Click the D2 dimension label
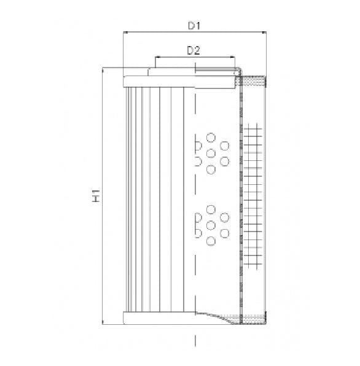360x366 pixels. [x=194, y=51]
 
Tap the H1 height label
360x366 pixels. [x=96, y=197]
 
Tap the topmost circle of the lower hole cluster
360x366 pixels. [x=211, y=209]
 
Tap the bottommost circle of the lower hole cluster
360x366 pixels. [x=211, y=241]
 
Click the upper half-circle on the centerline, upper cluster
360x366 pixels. [x=197, y=146]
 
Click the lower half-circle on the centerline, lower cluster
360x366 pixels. [x=197, y=233]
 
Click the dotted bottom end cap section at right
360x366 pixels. [x=253, y=317]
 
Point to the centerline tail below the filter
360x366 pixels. [x=195, y=340]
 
